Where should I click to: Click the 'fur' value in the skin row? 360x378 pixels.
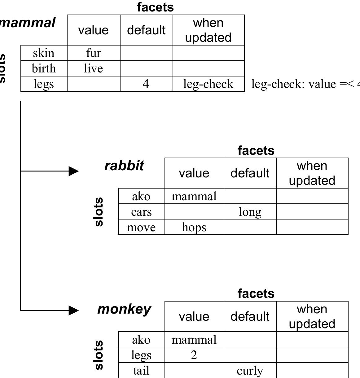point(93,53)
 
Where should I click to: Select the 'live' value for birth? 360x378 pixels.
point(93,68)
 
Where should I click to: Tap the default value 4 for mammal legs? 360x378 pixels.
point(146,84)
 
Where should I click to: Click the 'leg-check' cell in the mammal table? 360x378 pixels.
point(208,84)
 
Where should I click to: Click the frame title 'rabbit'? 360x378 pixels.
point(124,166)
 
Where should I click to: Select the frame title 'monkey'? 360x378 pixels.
point(124,309)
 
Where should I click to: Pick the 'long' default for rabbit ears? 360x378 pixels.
point(250,212)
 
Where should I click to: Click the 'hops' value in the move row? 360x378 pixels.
point(194,227)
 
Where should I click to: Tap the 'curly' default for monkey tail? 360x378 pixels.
point(250,371)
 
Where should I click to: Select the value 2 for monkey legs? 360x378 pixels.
point(194,355)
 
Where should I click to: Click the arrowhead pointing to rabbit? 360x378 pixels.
point(74,171)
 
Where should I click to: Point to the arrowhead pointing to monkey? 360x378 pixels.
point(74,310)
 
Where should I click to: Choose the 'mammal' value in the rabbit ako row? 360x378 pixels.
point(194,196)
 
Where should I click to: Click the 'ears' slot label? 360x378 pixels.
point(141,212)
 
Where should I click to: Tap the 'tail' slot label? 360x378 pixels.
point(141,371)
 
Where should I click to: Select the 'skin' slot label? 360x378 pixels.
point(44,53)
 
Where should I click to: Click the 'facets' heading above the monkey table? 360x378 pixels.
point(256,293)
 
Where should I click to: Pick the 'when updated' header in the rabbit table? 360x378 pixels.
point(312,173)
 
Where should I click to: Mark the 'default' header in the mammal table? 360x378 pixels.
point(146,30)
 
